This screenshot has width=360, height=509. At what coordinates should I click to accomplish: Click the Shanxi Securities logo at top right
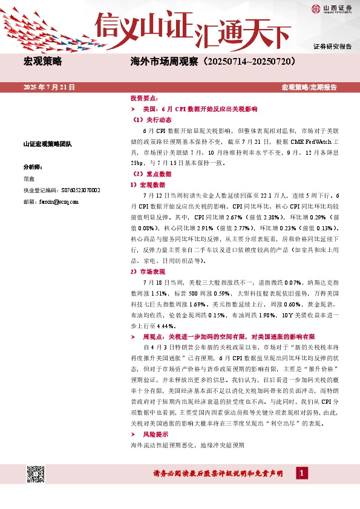(331, 8)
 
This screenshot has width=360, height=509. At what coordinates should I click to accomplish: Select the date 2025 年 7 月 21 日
(49, 88)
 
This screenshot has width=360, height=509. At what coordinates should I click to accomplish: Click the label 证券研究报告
(332, 47)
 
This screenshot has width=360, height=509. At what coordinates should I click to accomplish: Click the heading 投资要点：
(145, 98)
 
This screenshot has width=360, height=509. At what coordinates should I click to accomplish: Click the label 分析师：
(32, 166)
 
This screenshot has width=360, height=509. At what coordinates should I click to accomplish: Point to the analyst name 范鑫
(28, 179)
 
